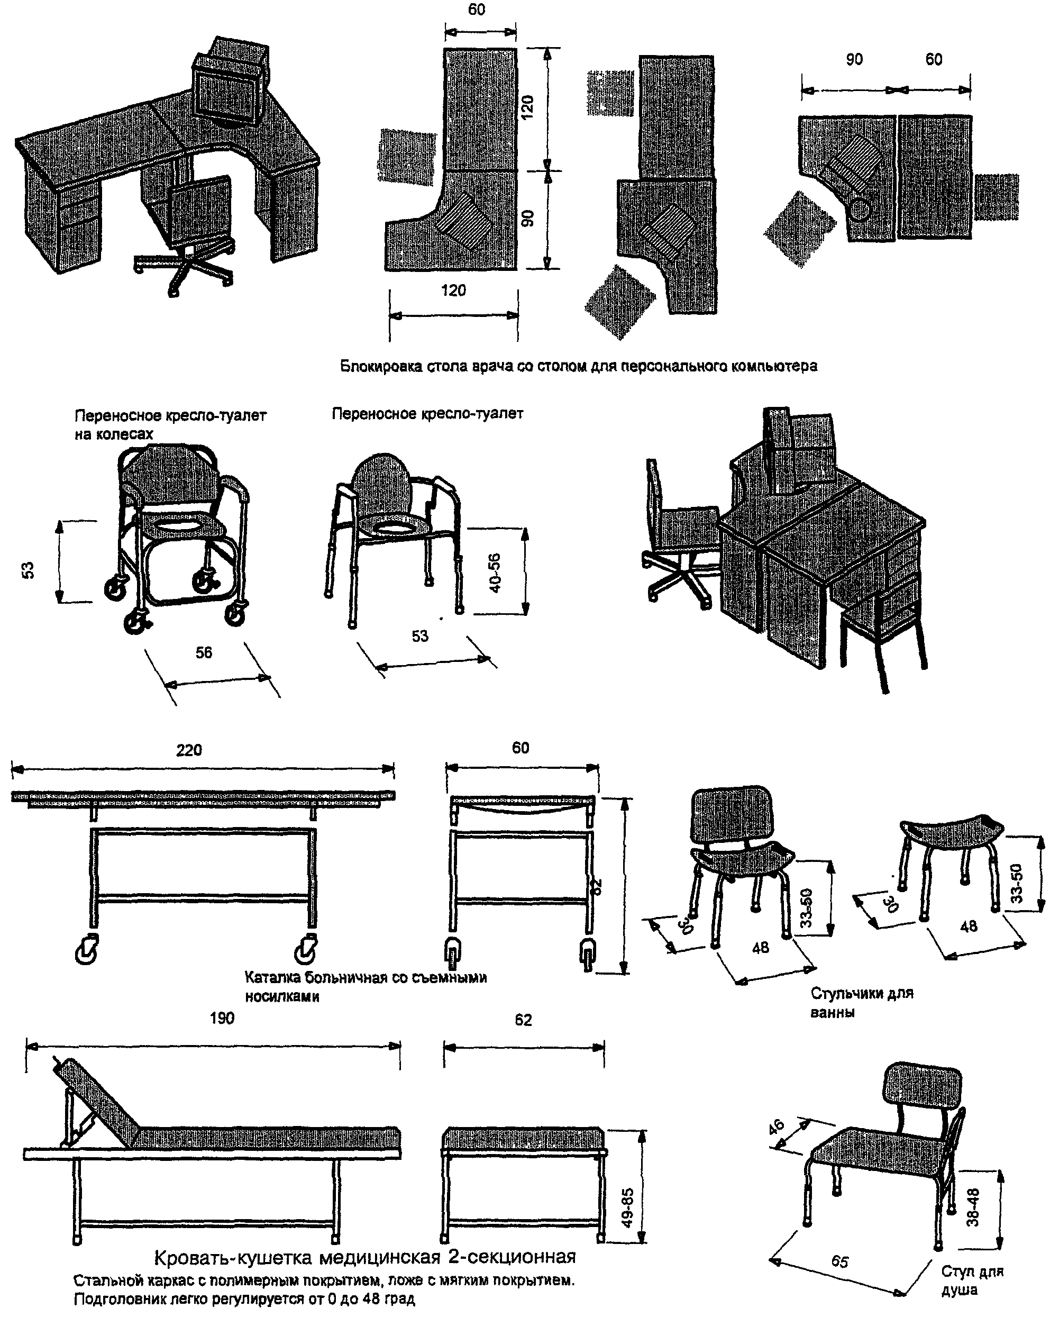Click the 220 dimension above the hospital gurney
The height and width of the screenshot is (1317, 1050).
point(189,750)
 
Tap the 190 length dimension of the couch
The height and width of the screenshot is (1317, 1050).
point(222,1018)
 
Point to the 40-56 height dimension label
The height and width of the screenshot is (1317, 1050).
point(495,573)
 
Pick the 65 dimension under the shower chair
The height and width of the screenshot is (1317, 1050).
point(840,1260)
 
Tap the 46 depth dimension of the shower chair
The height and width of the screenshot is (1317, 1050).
point(777,1126)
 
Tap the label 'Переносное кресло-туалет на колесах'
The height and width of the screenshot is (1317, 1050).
point(170,424)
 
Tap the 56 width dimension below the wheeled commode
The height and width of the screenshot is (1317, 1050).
point(204,652)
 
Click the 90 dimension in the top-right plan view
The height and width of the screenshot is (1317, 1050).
point(854,59)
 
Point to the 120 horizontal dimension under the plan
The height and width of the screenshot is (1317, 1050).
point(453,290)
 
